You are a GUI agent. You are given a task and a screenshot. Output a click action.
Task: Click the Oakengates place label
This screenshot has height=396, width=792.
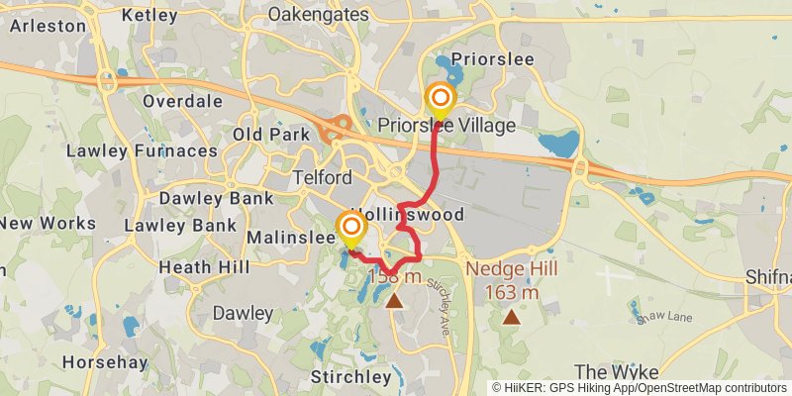point(318,15)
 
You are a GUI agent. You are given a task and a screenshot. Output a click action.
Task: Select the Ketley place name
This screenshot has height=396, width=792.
point(150,15)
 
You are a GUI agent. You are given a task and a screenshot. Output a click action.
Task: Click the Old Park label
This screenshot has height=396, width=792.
point(266,134)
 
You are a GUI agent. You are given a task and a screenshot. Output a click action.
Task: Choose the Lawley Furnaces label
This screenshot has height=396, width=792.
point(141,151)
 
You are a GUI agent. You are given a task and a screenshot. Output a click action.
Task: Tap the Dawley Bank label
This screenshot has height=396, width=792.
point(216,198)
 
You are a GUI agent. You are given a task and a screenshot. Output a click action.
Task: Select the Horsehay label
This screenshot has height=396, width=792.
point(103,362)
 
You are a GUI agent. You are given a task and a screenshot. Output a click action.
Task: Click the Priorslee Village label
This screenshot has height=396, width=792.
point(447,126)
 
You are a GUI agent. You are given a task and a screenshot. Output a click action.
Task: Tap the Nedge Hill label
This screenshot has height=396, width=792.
point(511,268)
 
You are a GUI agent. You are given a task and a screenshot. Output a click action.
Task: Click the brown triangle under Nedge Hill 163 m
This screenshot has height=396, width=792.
point(511,317)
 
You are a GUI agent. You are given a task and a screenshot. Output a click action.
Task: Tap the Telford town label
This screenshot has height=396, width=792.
point(323,178)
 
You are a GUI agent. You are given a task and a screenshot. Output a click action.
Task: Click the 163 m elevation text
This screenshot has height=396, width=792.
point(512,292)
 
